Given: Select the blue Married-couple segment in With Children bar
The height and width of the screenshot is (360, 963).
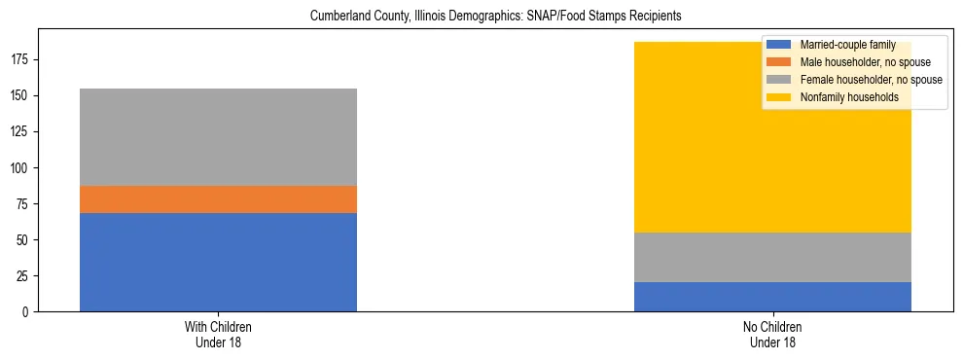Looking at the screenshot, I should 218,262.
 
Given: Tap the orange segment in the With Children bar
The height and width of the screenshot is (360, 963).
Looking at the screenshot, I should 218,199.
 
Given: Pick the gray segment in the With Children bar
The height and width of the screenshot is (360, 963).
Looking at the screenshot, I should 218,137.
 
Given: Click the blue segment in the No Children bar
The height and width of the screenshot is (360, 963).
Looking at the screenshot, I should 772,297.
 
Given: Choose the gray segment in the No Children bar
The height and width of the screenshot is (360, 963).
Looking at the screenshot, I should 772,257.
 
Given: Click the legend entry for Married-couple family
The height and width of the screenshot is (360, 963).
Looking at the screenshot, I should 847,45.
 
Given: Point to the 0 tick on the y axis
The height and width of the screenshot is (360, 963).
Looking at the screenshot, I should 28,311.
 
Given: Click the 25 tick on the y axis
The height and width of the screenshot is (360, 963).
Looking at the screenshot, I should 25,275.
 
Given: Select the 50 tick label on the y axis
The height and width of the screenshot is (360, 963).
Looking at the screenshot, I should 25,239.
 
